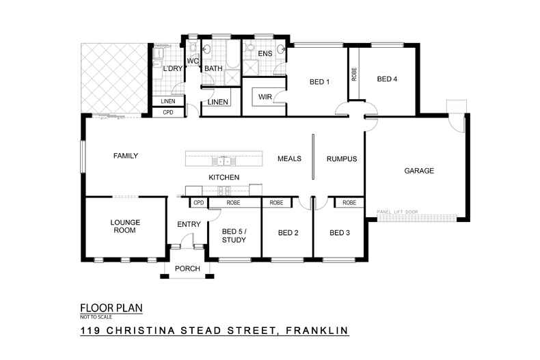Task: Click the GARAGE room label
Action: coord(419,171)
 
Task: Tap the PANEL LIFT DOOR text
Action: coord(397,212)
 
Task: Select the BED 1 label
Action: coord(320,83)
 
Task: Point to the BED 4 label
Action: coord(387,79)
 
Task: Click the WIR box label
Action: coord(265,97)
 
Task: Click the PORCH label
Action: coord(187,268)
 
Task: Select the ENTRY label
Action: coord(188,224)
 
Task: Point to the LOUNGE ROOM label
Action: coord(124,226)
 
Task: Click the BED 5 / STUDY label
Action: coord(234,236)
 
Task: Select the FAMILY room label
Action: coord(125,156)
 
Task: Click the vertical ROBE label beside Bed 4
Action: coord(354,74)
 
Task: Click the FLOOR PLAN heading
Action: coord(111,308)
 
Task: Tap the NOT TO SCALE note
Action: coord(94,318)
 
